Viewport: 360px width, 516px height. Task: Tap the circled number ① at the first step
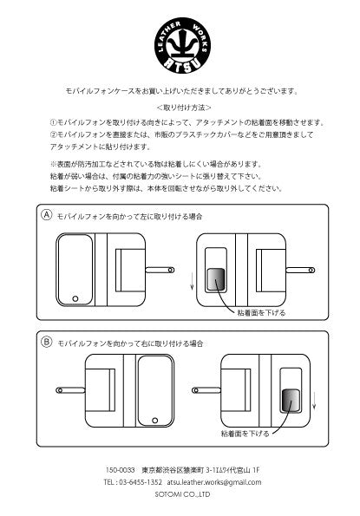pos(53,123)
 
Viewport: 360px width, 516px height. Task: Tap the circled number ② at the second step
pos(53,136)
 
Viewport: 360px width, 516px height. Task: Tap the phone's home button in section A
pos(75,299)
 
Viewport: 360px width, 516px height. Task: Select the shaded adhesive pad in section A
pos(215,280)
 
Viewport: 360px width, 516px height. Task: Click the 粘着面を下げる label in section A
pos(256,310)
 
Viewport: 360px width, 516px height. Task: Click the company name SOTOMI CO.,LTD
pos(180,495)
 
